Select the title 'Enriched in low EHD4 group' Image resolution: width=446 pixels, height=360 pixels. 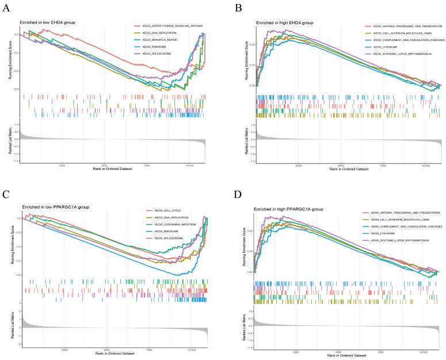47,22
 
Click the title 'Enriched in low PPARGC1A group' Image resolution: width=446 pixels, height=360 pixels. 53,206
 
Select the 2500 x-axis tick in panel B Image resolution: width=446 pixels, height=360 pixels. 298,165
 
